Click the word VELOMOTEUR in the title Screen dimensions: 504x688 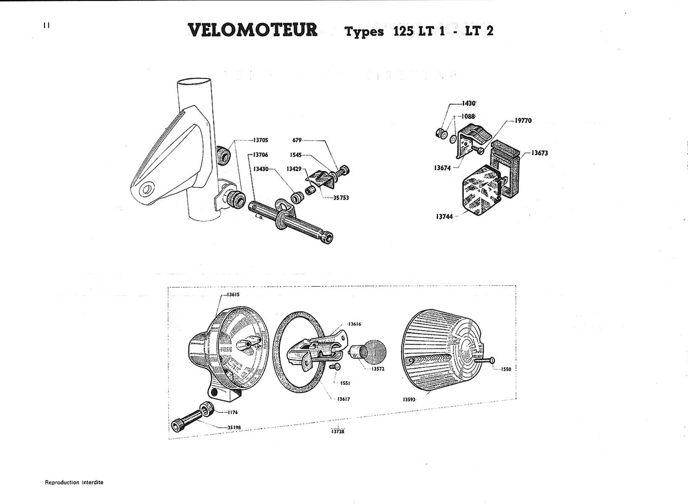click(253, 30)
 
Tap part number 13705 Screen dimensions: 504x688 click(261, 140)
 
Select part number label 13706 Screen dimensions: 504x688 click(261, 155)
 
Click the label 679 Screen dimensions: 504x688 click(297, 140)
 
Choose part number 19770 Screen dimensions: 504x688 click(523, 121)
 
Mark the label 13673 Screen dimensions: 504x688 click(539, 153)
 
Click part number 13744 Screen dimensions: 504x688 click(444, 217)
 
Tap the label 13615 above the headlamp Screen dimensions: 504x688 click(233, 294)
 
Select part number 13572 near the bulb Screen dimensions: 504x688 click(378, 369)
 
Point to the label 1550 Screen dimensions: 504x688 click(506, 369)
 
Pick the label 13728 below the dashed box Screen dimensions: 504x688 click(337, 431)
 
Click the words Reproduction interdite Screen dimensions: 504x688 click(74, 482)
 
